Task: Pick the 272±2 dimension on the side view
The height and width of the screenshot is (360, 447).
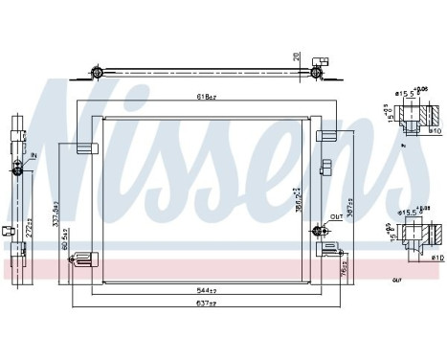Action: tap(32, 232)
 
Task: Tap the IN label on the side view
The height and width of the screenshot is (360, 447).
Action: tap(33, 155)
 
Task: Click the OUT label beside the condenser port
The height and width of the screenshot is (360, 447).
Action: tap(335, 217)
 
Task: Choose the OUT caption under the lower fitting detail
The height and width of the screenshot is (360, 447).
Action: tap(396, 281)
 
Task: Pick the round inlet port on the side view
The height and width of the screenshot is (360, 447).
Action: tap(18, 169)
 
